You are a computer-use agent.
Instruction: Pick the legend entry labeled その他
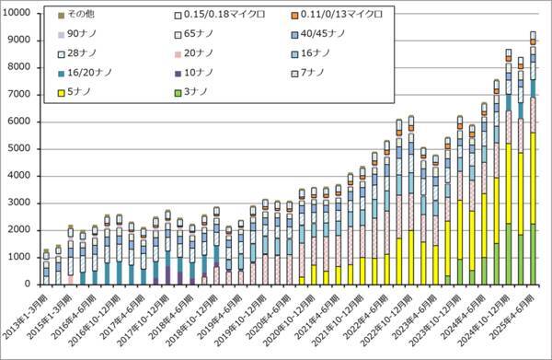point(80,16)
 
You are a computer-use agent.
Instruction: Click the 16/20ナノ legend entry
point(90,73)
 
